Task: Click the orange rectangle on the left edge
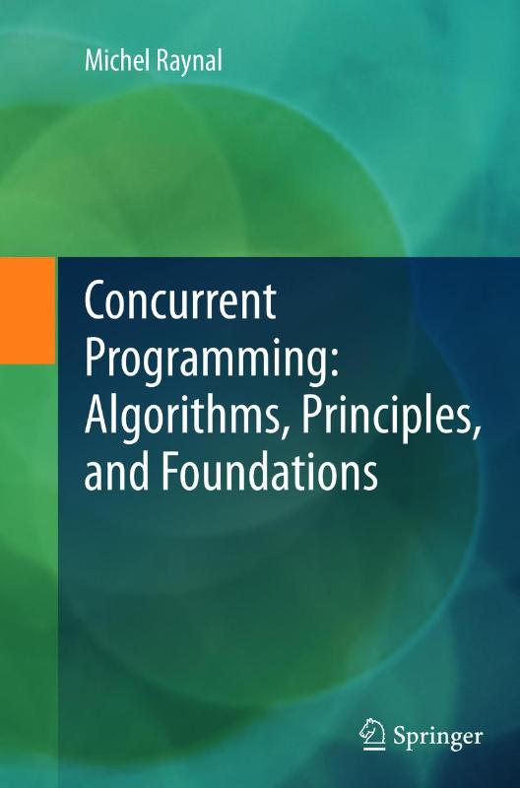point(27,308)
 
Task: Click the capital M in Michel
point(90,63)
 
